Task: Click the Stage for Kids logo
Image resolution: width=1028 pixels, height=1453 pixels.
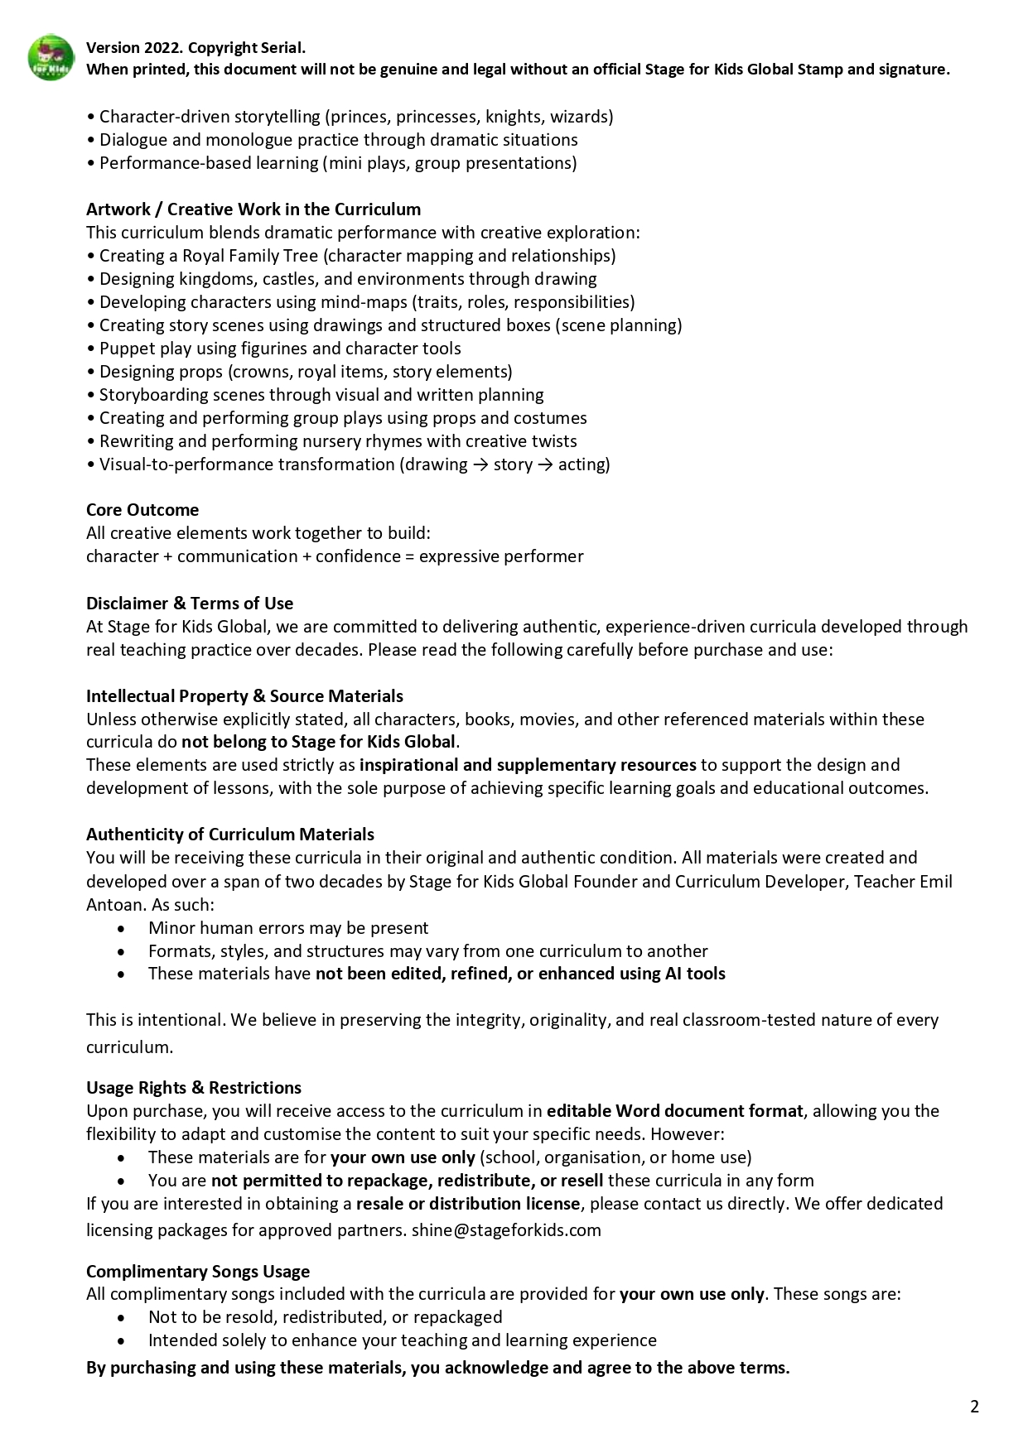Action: click(x=51, y=58)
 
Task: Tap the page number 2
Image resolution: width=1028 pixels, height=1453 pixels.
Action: click(x=974, y=1406)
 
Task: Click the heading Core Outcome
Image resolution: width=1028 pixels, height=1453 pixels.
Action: click(x=142, y=510)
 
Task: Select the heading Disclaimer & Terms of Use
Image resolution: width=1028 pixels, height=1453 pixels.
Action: click(x=190, y=603)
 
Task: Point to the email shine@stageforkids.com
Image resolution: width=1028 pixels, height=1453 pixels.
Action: click(x=506, y=1229)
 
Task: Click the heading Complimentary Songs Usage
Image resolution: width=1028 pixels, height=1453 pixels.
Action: click(x=198, y=1271)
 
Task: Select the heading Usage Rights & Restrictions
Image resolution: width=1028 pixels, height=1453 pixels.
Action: click(x=194, y=1087)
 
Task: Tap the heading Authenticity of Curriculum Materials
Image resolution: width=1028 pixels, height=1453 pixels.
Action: click(x=230, y=834)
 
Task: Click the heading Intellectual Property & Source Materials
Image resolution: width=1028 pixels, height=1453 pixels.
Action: click(x=244, y=695)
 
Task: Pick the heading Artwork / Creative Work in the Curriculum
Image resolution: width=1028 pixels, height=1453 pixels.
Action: click(x=253, y=209)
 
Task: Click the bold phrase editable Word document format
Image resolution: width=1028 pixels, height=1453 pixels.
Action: click(x=674, y=1110)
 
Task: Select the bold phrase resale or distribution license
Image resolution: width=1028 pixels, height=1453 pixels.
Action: click(x=468, y=1203)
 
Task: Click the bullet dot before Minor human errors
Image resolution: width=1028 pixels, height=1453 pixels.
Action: click(x=123, y=928)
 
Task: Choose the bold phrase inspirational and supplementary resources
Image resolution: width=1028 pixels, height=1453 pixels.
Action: click(x=528, y=764)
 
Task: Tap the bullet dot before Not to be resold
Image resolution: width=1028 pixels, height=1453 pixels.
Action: click(x=123, y=1317)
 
